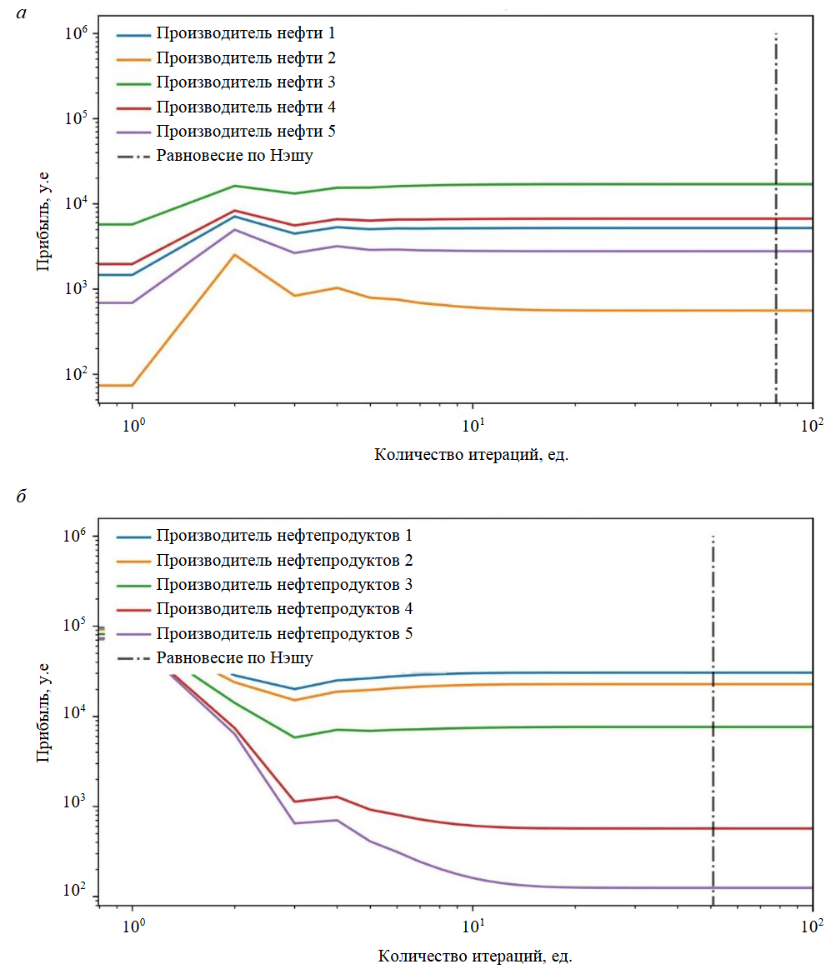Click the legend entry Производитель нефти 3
(x=245, y=82)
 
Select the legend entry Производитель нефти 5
(x=245, y=132)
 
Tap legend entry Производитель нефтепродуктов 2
(x=284, y=560)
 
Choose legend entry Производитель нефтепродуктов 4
(x=284, y=609)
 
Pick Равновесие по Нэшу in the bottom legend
(x=234, y=658)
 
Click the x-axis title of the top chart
(x=471, y=454)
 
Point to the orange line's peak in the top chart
(x=235, y=255)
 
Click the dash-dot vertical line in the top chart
(x=776, y=250)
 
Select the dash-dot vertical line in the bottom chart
(x=713, y=750)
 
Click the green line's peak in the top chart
(x=235, y=186)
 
